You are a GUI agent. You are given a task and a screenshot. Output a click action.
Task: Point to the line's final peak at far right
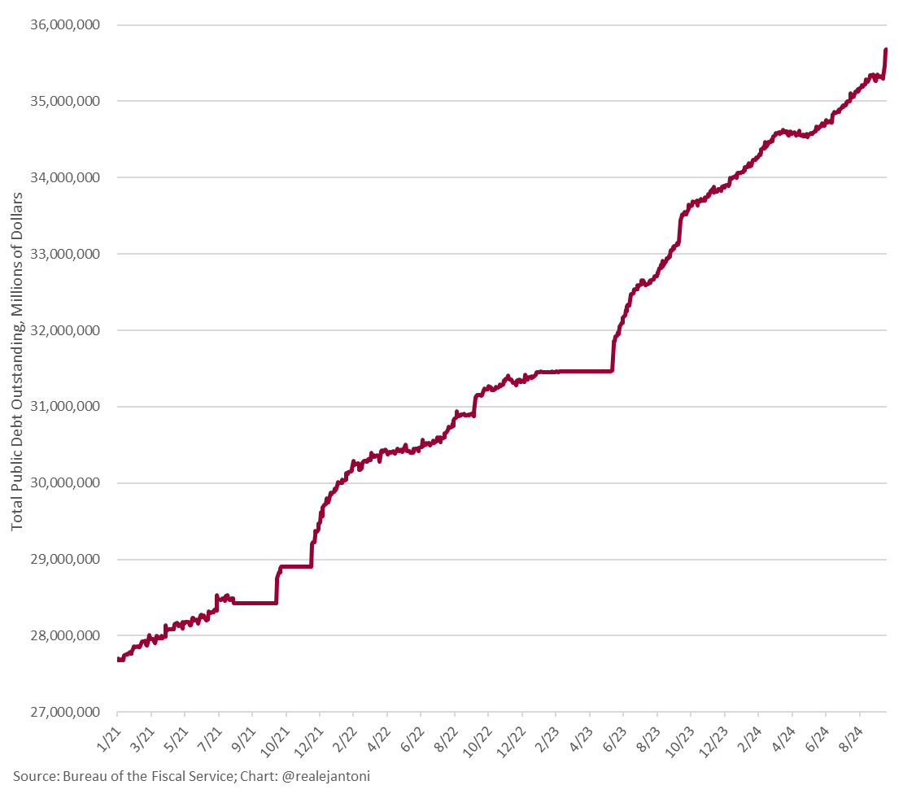885,50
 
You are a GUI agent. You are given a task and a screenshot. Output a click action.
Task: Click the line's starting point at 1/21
119,659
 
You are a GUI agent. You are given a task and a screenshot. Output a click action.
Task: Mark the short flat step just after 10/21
296,566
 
